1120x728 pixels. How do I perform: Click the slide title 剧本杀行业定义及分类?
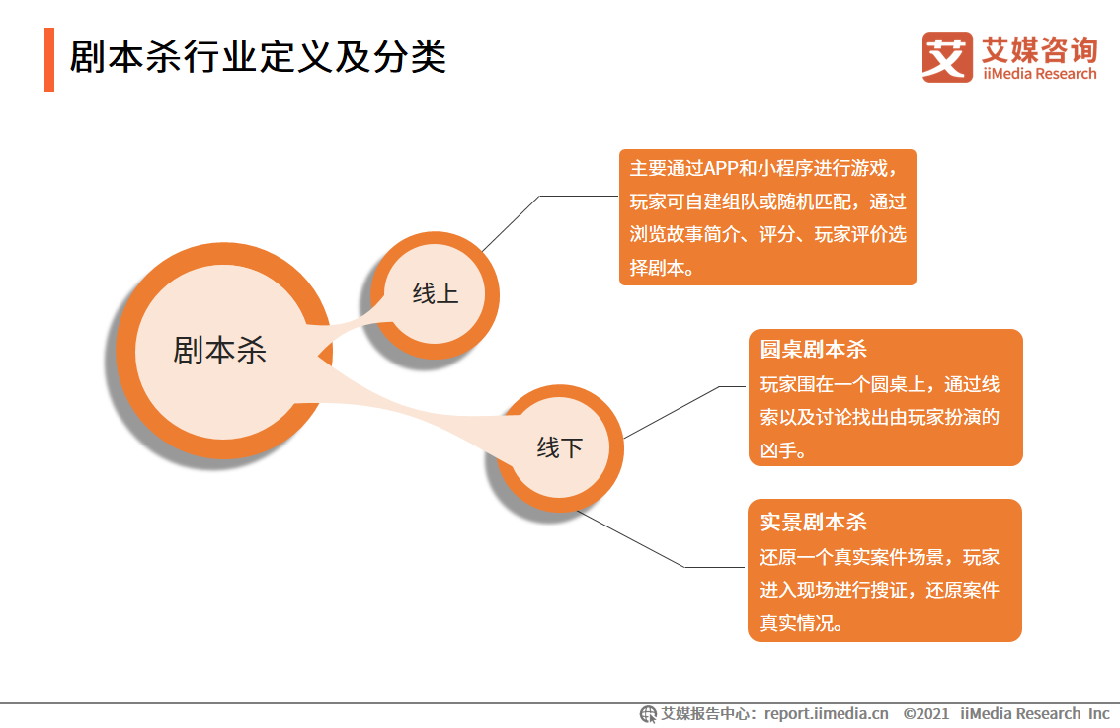tap(258, 58)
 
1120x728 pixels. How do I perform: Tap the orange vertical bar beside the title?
tap(49, 59)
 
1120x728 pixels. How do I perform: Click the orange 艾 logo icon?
tap(947, 56)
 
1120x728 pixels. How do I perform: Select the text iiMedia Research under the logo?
tap(1039, 74)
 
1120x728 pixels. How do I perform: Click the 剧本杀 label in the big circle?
tap(219, 350)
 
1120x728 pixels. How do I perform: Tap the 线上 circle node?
tap(436, 294)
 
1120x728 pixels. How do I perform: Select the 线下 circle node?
tap(560, 448)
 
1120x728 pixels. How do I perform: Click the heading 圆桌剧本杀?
tap(813, 350)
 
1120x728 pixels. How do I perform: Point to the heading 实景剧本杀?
tap(813, 522)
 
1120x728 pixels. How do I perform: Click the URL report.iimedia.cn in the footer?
tap(826, 713)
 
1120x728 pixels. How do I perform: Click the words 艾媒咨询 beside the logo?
tap(1039, 48)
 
